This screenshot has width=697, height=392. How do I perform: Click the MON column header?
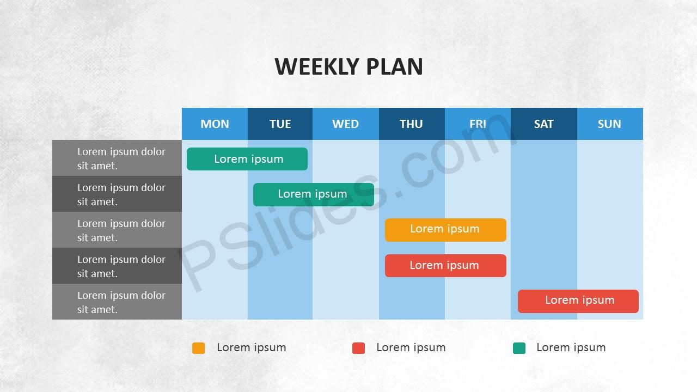[x=215, y=124]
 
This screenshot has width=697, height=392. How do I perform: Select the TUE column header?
[x=280, y=124]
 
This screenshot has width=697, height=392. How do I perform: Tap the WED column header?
[x=346, y=124]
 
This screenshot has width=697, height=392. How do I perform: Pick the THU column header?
[x=412, y=124]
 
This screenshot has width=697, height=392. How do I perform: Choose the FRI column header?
[x=478, y=124]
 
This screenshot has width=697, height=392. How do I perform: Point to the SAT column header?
[x=544, y=124]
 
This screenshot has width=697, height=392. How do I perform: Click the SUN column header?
[x=610, y=124]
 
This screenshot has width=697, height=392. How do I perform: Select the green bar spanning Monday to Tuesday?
[x=247, y=159]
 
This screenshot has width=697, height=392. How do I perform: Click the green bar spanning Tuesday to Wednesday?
[x=314, y=194]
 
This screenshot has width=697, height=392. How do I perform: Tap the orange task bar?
[x=445, y=230]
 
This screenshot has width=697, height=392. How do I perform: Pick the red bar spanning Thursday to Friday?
[x=445, y=266]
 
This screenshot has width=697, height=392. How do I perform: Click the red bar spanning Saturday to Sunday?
[x=578, y=301]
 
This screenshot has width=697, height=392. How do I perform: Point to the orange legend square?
[x=199, y=348]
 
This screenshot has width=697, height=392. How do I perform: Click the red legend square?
[x=358, y=348]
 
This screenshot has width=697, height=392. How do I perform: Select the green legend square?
[x=519, y=348]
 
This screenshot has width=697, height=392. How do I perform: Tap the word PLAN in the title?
[x=395, y=66]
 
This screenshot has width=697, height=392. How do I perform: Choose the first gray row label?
[x=117, y=158]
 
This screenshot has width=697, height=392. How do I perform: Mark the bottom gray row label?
[x=117, y=302]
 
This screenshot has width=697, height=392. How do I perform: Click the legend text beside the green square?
[x=571, y=347]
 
